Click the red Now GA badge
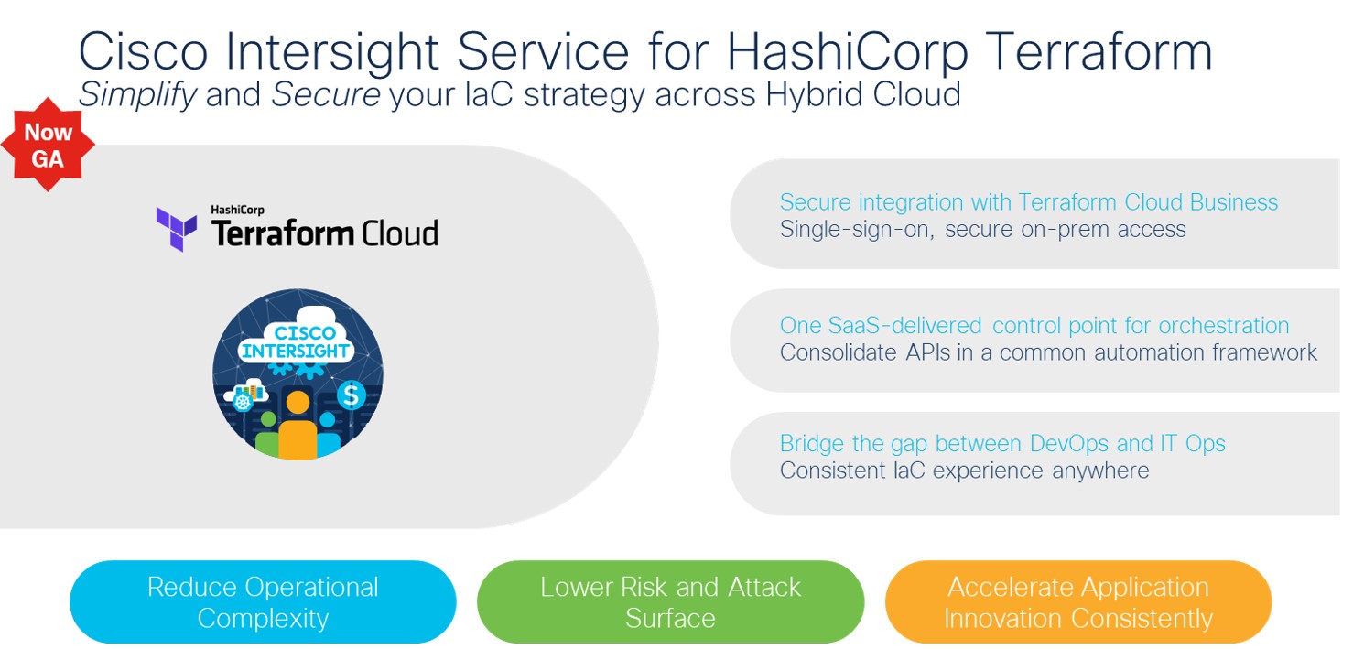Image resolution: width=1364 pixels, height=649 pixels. pos(48,145)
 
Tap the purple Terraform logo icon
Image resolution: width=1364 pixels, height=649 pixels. pos(177,229)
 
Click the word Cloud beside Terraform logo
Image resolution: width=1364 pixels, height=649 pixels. pos(400,233)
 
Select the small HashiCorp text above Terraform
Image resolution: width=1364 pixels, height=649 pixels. pos(237,210)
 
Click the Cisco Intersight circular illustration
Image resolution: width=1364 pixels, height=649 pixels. pos(298,374)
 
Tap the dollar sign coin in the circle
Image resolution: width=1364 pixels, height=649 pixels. pos(351,395)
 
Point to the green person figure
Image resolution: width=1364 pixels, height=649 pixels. pos(267,436)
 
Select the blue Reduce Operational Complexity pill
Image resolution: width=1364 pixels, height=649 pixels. pos(263,602)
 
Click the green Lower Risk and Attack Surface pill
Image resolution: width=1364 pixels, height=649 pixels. pos(670,602)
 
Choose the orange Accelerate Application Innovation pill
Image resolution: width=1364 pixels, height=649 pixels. pos(1078,602)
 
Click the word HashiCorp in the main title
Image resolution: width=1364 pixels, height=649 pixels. pos(848,52)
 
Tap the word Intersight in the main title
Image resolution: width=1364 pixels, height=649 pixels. pos(332,52)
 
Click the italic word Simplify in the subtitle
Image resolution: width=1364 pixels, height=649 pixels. pos(137,95)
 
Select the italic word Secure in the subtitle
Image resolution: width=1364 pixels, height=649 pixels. pos(326,95)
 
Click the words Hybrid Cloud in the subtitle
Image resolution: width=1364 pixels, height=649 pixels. pos(863,95)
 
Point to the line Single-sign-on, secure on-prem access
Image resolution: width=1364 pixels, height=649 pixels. pos(983,230)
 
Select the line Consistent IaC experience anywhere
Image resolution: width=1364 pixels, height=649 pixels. pos(965,471)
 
